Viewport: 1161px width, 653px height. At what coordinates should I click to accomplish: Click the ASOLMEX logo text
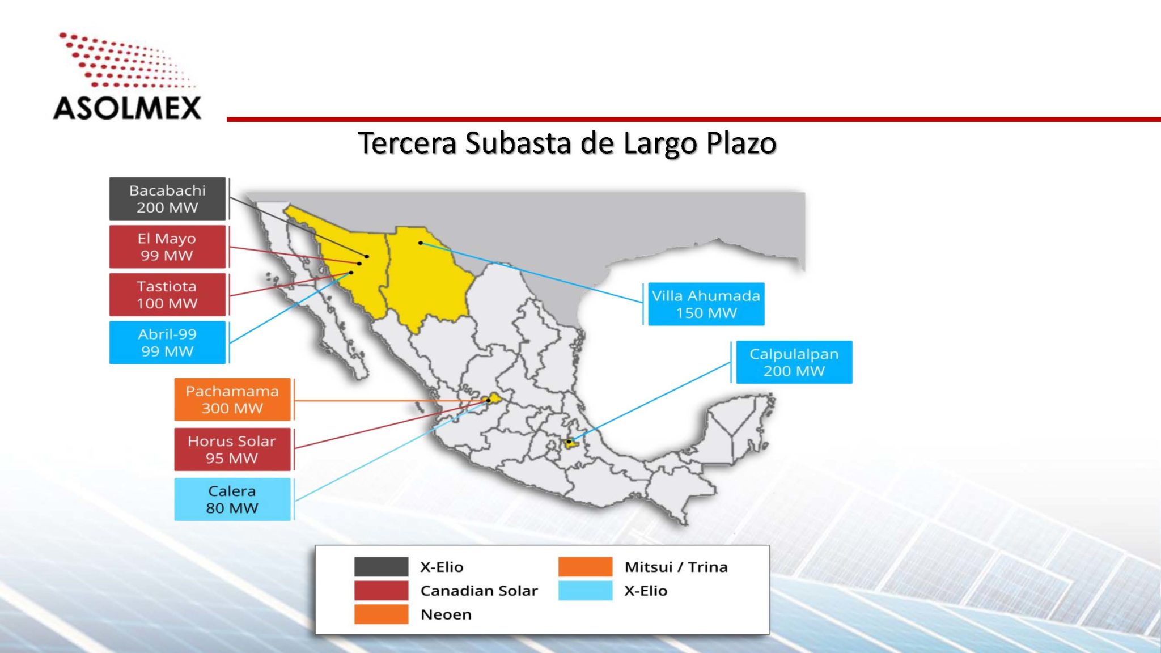pyautogui.click(x=127, y=108)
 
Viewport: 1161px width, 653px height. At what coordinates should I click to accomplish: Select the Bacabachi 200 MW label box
pyautogui.click(x=167, y=199)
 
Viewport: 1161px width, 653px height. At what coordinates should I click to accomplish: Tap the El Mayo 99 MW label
pyautogui.click(x=167, y=247)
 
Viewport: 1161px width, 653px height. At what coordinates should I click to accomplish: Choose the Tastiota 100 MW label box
pyautogui.click(x=167, y=295)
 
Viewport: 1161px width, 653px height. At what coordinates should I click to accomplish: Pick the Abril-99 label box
pyautogui.click(x=167, y=342)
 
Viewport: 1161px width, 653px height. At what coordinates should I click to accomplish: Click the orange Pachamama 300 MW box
pyautogui.click(x=232, y=400)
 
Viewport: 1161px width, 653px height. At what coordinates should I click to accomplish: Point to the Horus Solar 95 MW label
pyautogui.click(x=232, y=450)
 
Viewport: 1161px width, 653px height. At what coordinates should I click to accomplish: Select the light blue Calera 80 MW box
pyautogui.click(x=232, y=499)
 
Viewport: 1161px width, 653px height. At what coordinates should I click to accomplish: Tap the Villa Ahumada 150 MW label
pyautogui.click(x=706, y=304)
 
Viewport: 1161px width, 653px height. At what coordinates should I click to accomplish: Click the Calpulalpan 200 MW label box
pyautogui.click(x=794, y=362)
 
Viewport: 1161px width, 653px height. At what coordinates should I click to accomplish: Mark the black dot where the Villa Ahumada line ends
pyautogui.click(x=421, y=243)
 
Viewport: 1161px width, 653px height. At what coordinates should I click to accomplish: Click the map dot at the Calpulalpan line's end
pyautogui.click(x=569, y=442)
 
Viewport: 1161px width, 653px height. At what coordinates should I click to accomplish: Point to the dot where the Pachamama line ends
pyautogui.click(x=488, y=400)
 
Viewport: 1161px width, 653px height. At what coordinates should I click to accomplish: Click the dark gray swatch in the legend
pyautogui.click(x=381, y=566)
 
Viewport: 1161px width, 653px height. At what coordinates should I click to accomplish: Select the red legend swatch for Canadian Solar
pyautogui.click(x=381, y=590)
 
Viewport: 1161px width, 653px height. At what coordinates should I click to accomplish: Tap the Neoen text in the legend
pyautogui.click(x=446, y=614)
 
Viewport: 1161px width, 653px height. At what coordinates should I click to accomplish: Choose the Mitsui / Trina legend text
pyautogui.click(x=676, y=567)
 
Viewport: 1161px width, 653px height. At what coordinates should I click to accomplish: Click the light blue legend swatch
pyautogui.click(x=585, y=590)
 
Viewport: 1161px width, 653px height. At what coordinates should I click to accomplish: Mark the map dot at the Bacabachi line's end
pyautogui.click(x=367, y=256)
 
